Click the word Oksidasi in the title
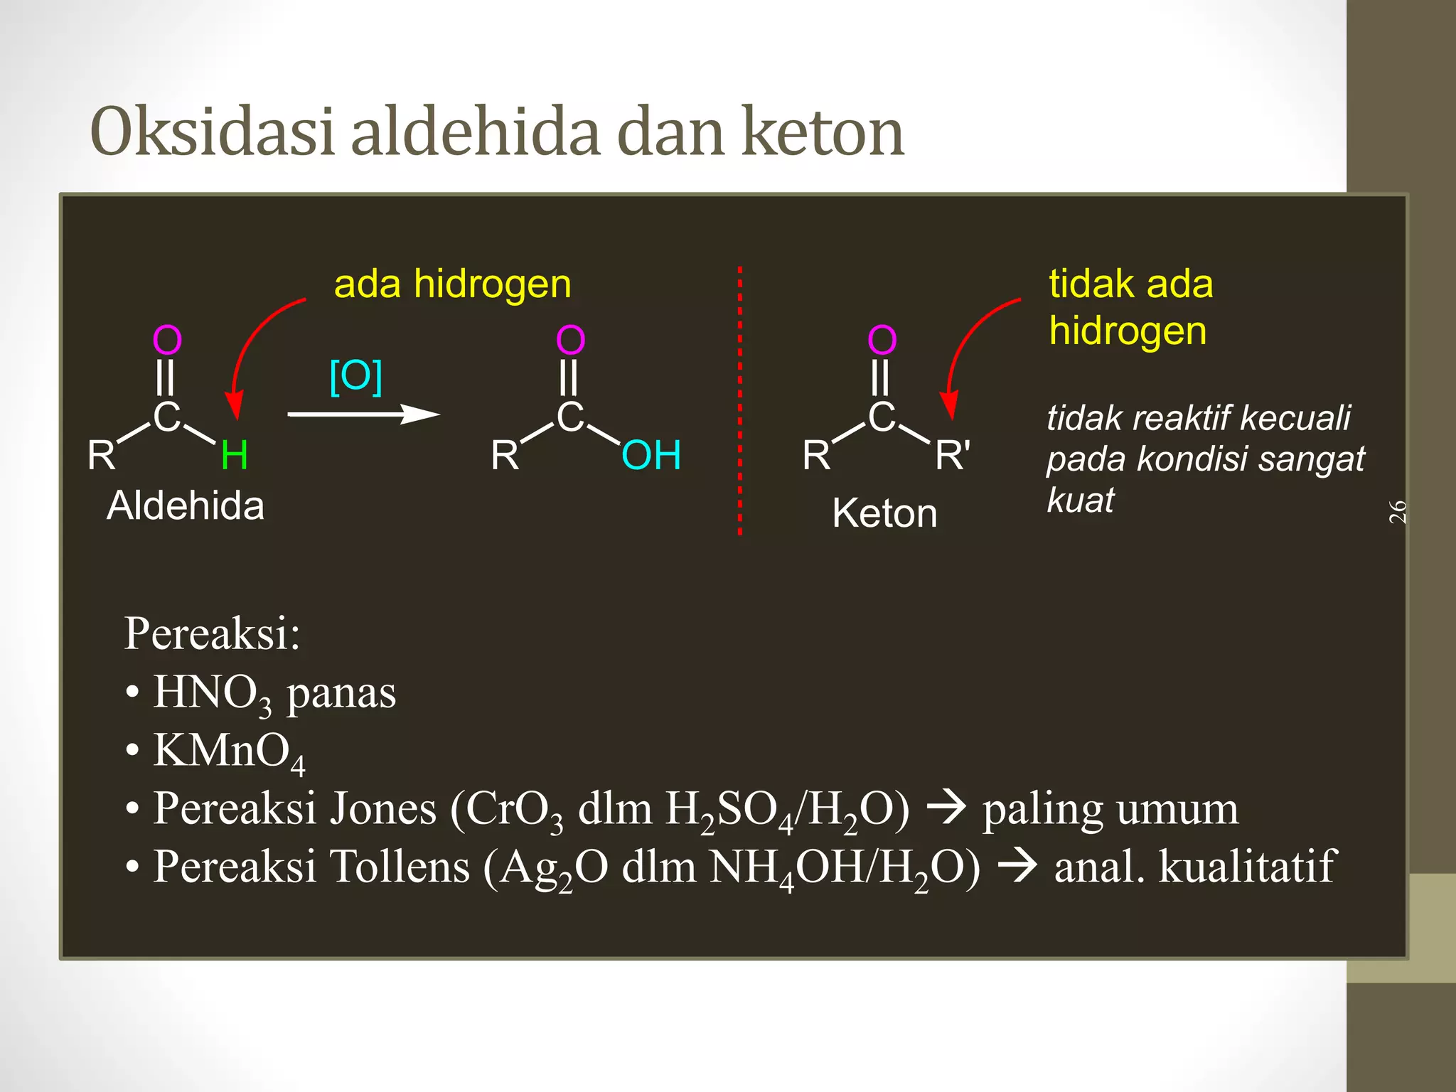pyautogui.click(x=212, y=132)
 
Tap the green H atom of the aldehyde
pyautogui.click(x=234, y=455)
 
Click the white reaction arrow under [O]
pyautogui.click(x=363, y=414)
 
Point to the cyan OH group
pyautogui.click(x=651, y=455)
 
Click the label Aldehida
pyautogui.click(x=186, y=506)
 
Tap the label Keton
pyautogui.click(x=884, y=513)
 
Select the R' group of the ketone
pyautogui.click(x=953, y=455)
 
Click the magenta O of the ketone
pyautogui.click(x=882, y=340)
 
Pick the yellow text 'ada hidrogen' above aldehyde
pyautogui.click(x=453, y=284)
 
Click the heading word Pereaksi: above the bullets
pyautogui.click(x=212, y=633)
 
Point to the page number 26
pyautogui.click(x=1398, y=511)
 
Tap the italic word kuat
pyautogui.click(x=1081, y=500)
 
